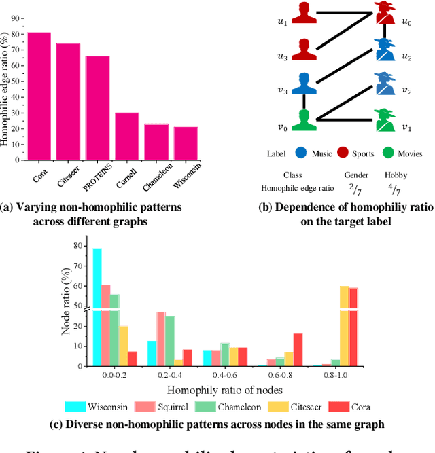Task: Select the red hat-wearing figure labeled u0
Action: pyautogui.click(x=385, y=14)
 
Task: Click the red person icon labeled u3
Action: pyautogui.click(x=304, y=50)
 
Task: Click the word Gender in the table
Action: pyautogui.click(x=357, y=175)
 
